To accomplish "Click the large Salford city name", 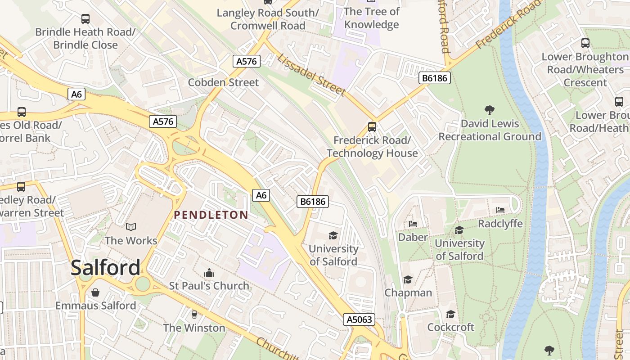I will click(106, 268).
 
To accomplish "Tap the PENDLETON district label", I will click(211, 215).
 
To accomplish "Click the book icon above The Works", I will click(131, 227).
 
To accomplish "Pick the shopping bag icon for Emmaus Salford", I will click(95, 293).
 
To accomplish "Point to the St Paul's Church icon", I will click(209, 273).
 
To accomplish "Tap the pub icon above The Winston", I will click(194, 314).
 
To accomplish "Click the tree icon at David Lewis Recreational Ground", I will click(490, 110).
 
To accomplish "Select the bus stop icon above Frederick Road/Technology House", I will click(372, 127).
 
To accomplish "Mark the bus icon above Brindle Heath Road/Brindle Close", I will click(85, 19).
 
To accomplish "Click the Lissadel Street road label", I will click(311, 75).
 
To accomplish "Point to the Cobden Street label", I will click(223, 82).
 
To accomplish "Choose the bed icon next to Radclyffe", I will click(500, 210).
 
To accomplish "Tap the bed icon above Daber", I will click(413, 224).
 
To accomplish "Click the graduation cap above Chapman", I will click(408, 280).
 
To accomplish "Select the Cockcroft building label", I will click(450, 327).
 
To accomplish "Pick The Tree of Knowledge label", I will click(371, 18).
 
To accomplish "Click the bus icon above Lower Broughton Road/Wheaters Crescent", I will click(585, 43).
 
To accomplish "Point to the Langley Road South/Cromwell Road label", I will click(268, 19).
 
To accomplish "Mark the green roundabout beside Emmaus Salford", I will click(143, 284).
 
